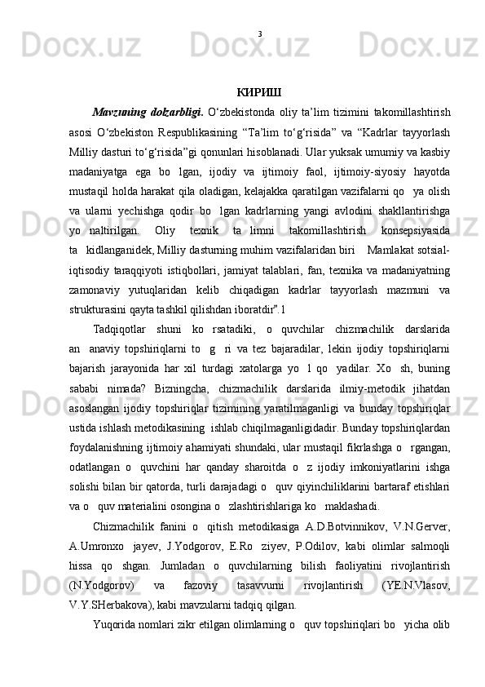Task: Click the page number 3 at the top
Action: [259, 34]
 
